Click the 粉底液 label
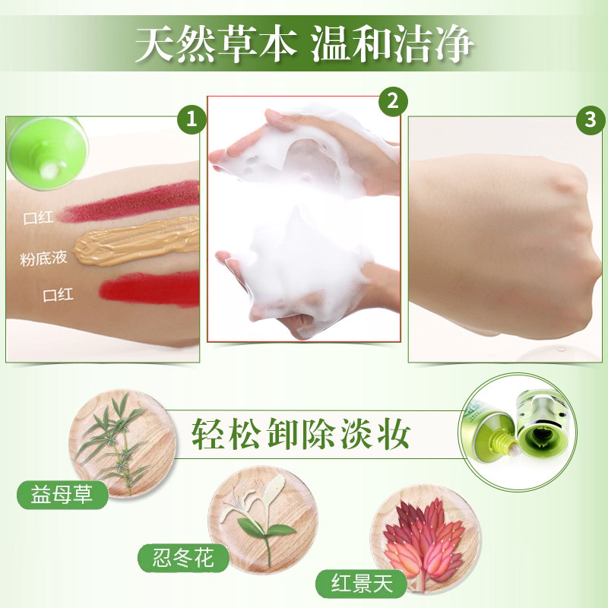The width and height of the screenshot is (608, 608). click(x=44, y=258)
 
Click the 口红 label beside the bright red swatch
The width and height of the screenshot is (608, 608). click(x=59, y=294)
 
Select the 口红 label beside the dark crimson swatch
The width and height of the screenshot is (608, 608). click(x=38, y=219)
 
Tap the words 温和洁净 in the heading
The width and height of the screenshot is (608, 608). click(x=392, y=45)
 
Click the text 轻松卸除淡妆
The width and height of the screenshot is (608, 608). click(x=301, y=434)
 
